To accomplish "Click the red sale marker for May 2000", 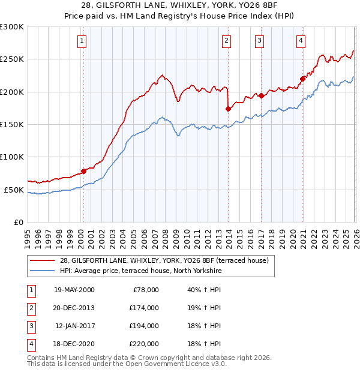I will pos(83,171).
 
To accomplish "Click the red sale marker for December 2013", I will pos(228,109).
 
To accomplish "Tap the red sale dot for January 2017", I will pos(262,95).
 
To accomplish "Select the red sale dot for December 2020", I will pos(303,78).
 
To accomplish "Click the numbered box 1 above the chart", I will pos(82,41).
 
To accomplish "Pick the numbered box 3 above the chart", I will pos(259,41).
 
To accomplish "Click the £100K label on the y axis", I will pos(12,157).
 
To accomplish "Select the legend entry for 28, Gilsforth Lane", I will pos(167,260).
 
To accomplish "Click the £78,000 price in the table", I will pos(145,290).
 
